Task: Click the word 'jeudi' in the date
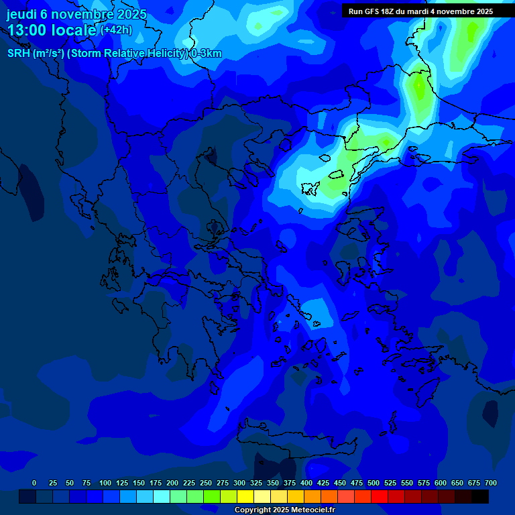21,14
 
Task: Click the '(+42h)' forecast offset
116,30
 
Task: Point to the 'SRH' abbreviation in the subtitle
19,54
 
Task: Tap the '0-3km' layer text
207,54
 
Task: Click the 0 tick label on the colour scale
34,483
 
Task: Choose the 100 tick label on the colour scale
105,483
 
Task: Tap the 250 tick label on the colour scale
206,483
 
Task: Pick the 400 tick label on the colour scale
306,483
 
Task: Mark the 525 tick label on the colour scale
390,483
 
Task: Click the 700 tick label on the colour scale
491,483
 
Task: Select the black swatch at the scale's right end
480,496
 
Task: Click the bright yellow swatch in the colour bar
245,496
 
